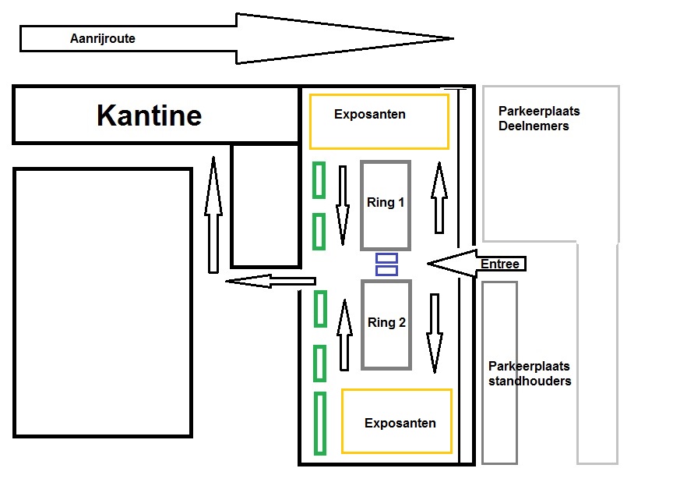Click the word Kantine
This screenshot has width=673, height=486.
[x=150, y=115]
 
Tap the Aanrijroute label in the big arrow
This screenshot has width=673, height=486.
[x=103, y=39]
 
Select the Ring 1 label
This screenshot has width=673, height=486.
[x=386, y=202]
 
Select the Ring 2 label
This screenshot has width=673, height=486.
[x=386, y=322]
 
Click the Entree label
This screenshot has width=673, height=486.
[x=500, y=264]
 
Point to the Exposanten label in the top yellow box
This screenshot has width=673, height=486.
[x=370, y=115]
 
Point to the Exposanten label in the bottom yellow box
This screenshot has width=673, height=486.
[x=400, y=424]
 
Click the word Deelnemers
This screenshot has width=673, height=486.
[x=534, y=126]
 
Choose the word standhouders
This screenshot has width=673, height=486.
[x=530, y=381]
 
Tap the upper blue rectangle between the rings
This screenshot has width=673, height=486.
[x=386, y=258]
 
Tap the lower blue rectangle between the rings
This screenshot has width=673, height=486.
[x=386, y=270]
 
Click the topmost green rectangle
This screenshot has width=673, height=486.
[x=319, y=180]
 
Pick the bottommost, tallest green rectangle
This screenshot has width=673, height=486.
[x=320, y=424]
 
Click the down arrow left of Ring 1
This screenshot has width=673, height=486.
[x=343, y=206]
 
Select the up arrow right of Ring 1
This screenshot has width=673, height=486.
[x=439, y=197]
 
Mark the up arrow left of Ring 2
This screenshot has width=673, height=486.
[x=344, y=335]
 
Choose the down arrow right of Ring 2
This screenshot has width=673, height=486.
[x=435, y=333]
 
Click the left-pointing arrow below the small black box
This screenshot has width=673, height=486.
[x=271, y=281]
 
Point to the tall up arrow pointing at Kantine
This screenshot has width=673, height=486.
[x=213, y=215]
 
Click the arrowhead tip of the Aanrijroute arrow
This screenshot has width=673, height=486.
[x=453, y=38]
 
